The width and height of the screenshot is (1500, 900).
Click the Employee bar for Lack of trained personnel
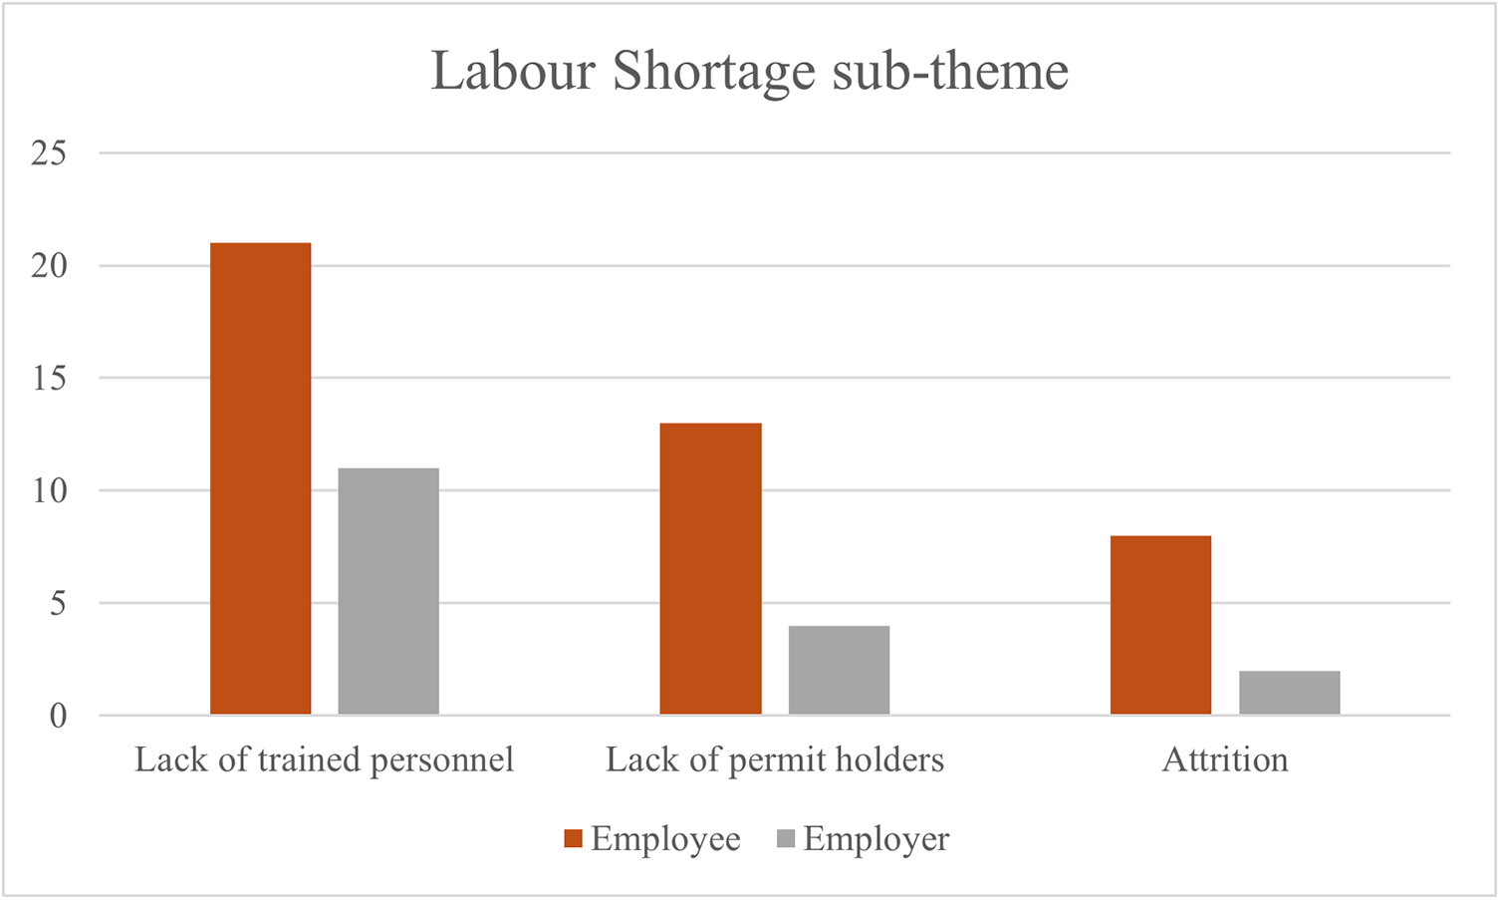pyautogui.click(x=261, y=478)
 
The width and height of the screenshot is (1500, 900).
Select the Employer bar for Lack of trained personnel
pyautogui.click(x=388, y=591)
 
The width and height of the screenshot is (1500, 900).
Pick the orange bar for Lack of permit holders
pyautogui.click(x=710, y=568)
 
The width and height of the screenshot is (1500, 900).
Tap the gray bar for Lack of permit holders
pyautogui.click(x=839, y=670)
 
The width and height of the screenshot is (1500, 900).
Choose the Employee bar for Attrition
pyautogui.click(x=1160, y=625)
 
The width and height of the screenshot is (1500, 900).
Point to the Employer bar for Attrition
pyautogui.click(x=1290, y=693)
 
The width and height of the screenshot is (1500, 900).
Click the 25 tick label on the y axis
pyautogui.click(x=49, y=153)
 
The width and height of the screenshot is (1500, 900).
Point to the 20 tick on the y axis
pyautogui.click(x=49, y=266)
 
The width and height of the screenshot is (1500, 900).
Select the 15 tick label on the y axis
pyautogui.click(x=49, y=379)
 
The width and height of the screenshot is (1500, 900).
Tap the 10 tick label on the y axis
pyautogui.click(x=49, y=491)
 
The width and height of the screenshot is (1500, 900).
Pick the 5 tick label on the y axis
pyautogui.click(x=58, y=604)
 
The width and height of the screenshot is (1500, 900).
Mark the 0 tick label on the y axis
pyautogui.click(x=58, y=716)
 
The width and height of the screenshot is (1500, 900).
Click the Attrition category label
pyautogui.click(x=1225, y=759)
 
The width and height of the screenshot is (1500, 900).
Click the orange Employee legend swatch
pyautogui.click(x=574, y=838)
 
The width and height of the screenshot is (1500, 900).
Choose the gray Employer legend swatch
pyautogui.click(x=786, y=838)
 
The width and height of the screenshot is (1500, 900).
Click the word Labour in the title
pyautogui.click(x=513, y=71)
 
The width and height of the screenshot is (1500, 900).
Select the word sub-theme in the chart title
pyautogui.click(x=951, y=71)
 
